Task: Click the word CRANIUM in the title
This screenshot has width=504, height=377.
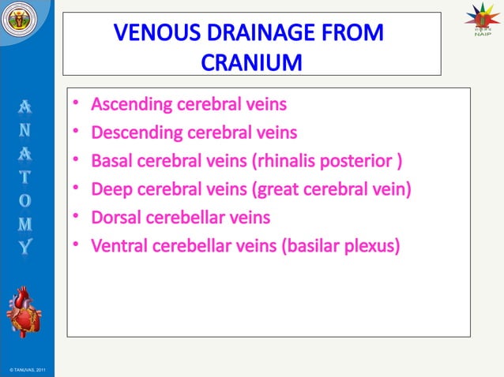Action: point(251,61)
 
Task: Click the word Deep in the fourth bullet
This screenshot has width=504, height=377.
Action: point(111,190)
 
